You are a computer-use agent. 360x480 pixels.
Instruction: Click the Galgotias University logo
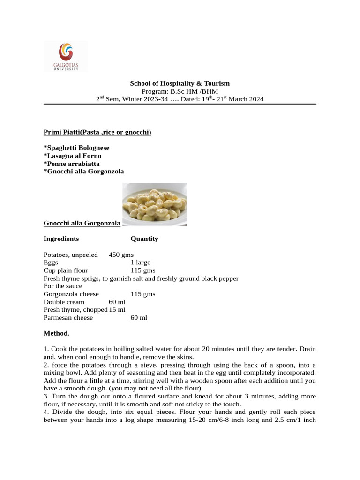66,57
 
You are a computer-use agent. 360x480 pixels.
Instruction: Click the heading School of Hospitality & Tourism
180,83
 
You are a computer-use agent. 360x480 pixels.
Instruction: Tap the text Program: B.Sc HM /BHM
180,91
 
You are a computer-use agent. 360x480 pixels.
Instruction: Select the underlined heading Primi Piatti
97,132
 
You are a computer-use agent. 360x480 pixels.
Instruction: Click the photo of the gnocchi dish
155,204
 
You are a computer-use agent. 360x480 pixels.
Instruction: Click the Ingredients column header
61,239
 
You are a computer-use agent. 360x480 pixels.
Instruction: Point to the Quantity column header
144,239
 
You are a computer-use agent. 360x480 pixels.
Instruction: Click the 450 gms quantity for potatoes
121,255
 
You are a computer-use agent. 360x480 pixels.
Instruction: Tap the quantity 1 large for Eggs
141,263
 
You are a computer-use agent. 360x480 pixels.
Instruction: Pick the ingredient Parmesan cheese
68,318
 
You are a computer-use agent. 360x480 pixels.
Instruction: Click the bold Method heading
56,334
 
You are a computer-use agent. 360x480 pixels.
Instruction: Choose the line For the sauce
63,286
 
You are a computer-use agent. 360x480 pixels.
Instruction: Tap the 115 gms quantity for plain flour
143,271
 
